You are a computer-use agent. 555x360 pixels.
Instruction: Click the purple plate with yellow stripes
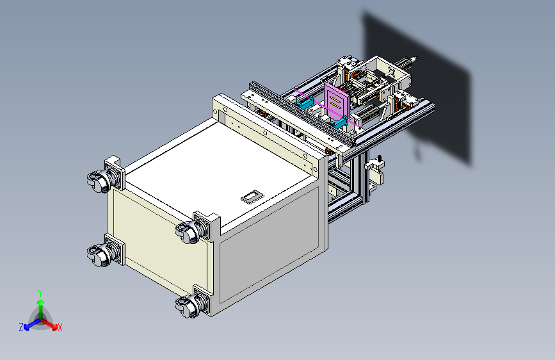[x=337, y=101]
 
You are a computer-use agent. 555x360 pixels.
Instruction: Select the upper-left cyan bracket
[x=305, y=102]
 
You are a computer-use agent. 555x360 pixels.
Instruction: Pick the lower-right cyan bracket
[x=339, y=123]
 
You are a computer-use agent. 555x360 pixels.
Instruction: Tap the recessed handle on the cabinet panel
[x=252, y=197]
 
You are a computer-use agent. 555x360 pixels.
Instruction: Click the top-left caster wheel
[x=100, y=181]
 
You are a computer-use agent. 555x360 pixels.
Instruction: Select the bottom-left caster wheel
[x=100, y=255]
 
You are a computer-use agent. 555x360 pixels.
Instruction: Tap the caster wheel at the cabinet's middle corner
[x=188, y=232]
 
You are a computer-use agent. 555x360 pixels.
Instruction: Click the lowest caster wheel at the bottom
[x=188, y=306]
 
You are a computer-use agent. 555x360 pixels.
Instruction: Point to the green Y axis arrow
[x=41, y=309]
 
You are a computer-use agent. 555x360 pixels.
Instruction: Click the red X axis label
[x=60, y=328]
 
